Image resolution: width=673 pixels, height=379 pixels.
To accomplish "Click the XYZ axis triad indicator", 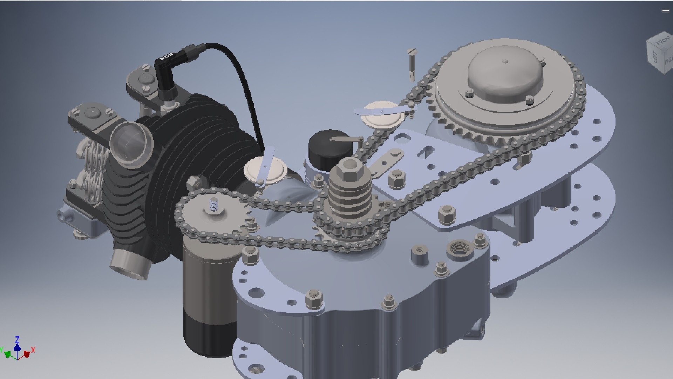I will (x=18, y=349).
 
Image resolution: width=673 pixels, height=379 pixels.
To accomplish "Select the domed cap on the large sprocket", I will (x=505, y=75).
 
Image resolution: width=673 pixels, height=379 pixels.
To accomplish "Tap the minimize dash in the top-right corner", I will (x=665, y=11).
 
